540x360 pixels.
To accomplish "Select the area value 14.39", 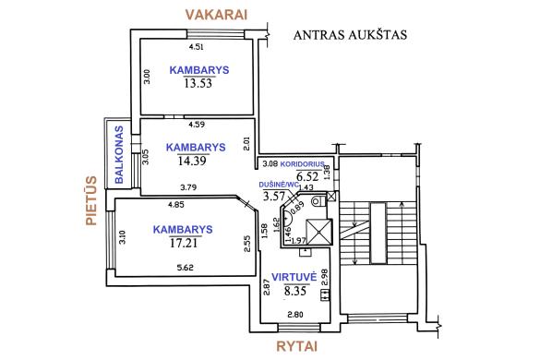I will coord(191,160).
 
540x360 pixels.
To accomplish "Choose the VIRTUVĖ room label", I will coord(294,276).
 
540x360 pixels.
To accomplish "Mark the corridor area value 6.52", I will coord(306,174).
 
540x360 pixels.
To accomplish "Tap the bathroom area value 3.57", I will coord(274,196).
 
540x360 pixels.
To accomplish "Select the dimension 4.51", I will coord(195,47).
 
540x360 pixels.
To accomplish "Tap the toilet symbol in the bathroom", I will coord(317,199).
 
